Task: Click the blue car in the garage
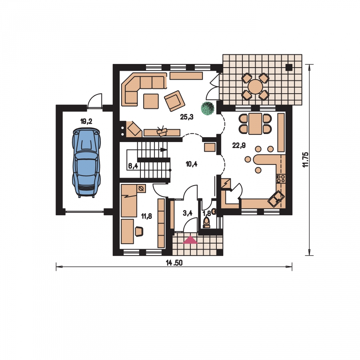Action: coord(86,162)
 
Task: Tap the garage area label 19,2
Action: coord(86,121)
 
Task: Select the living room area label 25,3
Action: coord(187,117)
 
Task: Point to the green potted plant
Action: coord(208,108)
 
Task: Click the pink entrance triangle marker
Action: coord(190,240)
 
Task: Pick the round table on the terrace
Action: coord(255,86)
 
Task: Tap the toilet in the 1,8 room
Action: coord(206,222)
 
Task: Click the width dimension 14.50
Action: coord(174,263)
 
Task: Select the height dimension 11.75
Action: coord(306,160)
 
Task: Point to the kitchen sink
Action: coord(276,199)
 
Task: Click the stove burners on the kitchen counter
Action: coord(281,178)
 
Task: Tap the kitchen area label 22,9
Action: coord(239,145)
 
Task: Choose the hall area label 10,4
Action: coord(192,164)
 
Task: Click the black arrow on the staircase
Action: coord(164,150)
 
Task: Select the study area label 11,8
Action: coord(146,216)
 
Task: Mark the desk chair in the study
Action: coord(139,231)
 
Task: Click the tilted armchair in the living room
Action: coord(174,101)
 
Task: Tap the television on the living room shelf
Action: coord(162,131)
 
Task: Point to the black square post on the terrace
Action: coord(289,67)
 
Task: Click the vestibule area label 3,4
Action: coord(188,213)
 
